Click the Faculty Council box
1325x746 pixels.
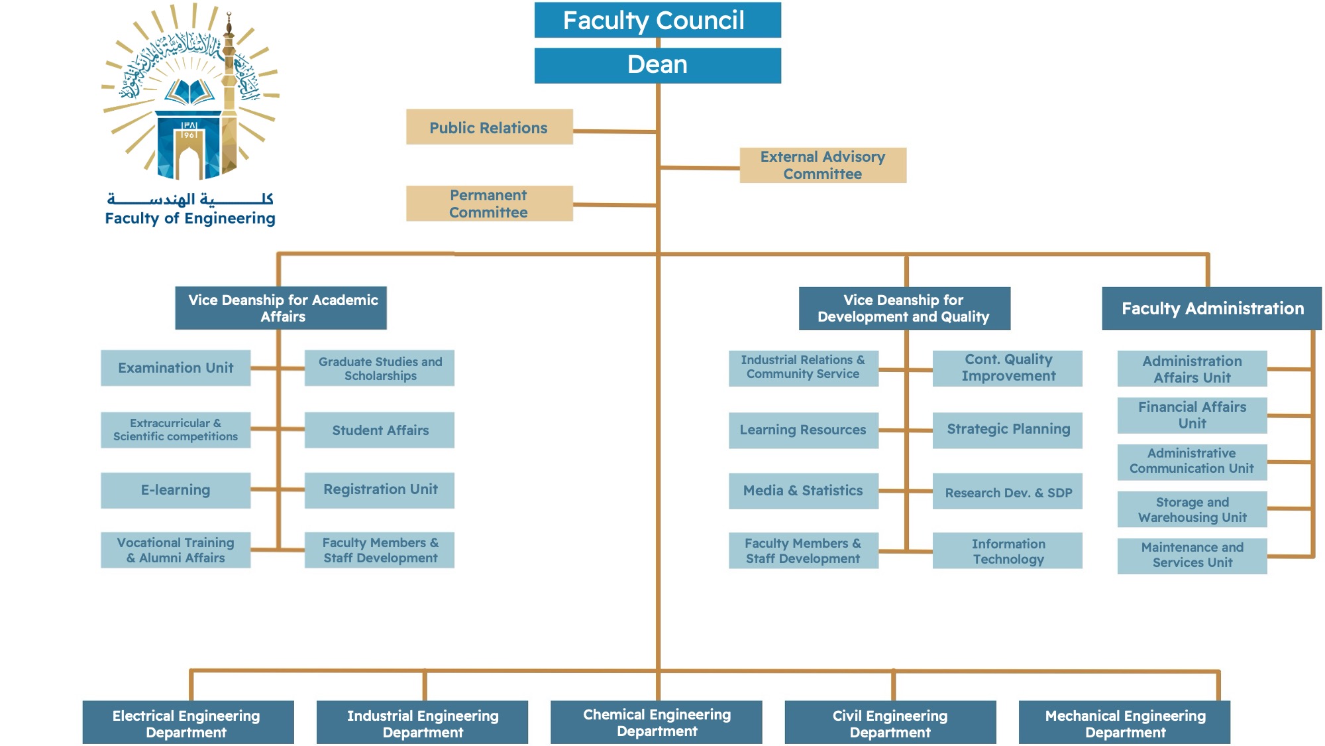pos(657,20)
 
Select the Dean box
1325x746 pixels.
pos(657,65)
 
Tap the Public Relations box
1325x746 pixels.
pos(489,127)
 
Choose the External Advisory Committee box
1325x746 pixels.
pos(823,165)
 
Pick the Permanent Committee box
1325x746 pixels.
pos(489,204)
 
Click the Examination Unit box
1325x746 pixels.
pos(176,368)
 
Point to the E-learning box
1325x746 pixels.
pos(176,490)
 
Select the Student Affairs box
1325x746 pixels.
pos(380,430)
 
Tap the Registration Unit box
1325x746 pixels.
pos(380,490)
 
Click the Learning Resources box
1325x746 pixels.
pos(803,430)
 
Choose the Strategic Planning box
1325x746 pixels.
pos(1008,430)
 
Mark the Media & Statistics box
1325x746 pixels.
pos(803,491)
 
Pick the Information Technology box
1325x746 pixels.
pos(1008,551)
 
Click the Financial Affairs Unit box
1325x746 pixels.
pos(1192,415)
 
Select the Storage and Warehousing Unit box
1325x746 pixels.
pos(1192,509)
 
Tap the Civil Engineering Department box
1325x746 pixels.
pos(890,723)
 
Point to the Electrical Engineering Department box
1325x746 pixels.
pos(187,723)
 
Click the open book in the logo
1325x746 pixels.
pos(190,92)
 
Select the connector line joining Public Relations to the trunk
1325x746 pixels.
pos(614,131)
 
